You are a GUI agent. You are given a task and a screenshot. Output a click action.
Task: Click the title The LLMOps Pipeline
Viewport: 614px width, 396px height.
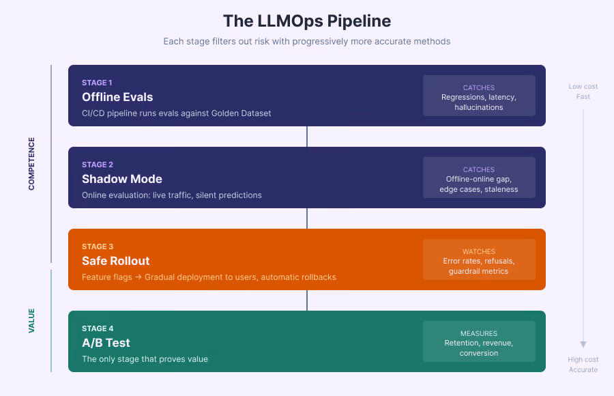click(x=307, y=20)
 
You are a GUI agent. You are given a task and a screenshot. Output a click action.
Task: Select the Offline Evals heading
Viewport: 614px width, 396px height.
click(x=117, y=97)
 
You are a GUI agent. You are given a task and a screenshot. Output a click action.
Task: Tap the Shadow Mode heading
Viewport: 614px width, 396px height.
click(x=121, y=179)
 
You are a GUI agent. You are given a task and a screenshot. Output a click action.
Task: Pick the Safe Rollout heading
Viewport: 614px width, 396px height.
click(x=115, y=261)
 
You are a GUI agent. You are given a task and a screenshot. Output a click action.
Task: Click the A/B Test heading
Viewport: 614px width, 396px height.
click(x=106, y=343)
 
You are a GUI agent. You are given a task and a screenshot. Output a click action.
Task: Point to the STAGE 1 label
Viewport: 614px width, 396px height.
click(x=98, y=83)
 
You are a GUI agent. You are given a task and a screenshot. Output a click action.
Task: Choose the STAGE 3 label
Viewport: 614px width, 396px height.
click(x=98, y=246)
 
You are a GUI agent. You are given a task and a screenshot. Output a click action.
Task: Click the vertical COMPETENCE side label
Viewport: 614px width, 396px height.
click(x=31, y=164)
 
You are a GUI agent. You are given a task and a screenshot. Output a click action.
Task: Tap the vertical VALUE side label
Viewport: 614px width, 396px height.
click(x=31, y=320)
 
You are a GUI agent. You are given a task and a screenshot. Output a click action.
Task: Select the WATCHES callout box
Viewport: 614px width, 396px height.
click(x=479, y=259)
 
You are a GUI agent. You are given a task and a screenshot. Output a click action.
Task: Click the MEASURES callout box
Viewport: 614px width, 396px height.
click(x=479, y=341)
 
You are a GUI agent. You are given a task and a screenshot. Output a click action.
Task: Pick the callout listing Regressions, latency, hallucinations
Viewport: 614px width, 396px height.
click(x=479, y=96)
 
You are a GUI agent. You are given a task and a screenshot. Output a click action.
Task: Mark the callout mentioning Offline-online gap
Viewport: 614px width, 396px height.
click(x=479, y=178)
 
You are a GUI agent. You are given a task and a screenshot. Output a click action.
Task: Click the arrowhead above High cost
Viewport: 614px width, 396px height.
click(x=583, y=345)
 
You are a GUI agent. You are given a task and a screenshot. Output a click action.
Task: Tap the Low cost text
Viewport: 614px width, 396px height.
click(x=583, y=87)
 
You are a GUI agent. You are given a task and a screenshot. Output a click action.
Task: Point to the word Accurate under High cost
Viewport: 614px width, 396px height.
click(x=583, y=369)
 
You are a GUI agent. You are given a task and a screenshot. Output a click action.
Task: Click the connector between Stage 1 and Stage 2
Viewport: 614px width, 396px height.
click(x=307, y=137)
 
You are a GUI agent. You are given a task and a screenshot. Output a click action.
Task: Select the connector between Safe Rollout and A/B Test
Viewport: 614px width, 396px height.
click(x=307, y=300)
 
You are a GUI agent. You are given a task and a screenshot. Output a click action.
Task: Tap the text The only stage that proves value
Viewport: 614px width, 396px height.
click(x=145, y=359)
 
